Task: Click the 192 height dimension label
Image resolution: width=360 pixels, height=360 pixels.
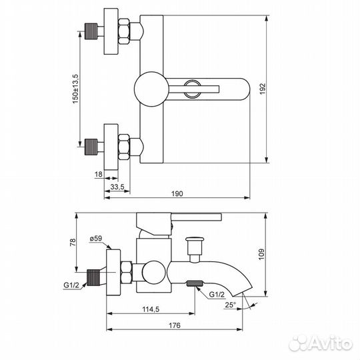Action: [x=263, y=89]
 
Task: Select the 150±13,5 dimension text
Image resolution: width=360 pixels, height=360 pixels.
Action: [x=75, y=89]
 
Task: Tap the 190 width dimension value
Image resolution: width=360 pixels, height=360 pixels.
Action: [x=177, y=194]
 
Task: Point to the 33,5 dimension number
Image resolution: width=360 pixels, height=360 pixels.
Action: [x=117, y=187]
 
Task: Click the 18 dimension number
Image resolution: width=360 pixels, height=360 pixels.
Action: [x=98, y=174]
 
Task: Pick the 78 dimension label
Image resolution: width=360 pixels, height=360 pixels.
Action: [x=72, y=243]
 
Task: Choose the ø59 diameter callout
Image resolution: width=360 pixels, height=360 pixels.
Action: [x=96, y=239]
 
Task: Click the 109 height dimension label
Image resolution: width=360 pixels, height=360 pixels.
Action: [x=261, y=254]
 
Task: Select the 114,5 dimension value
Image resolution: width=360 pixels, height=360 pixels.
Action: [x=151, y=309]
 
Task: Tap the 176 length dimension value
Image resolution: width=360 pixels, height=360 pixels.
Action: [x=175, y=325]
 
